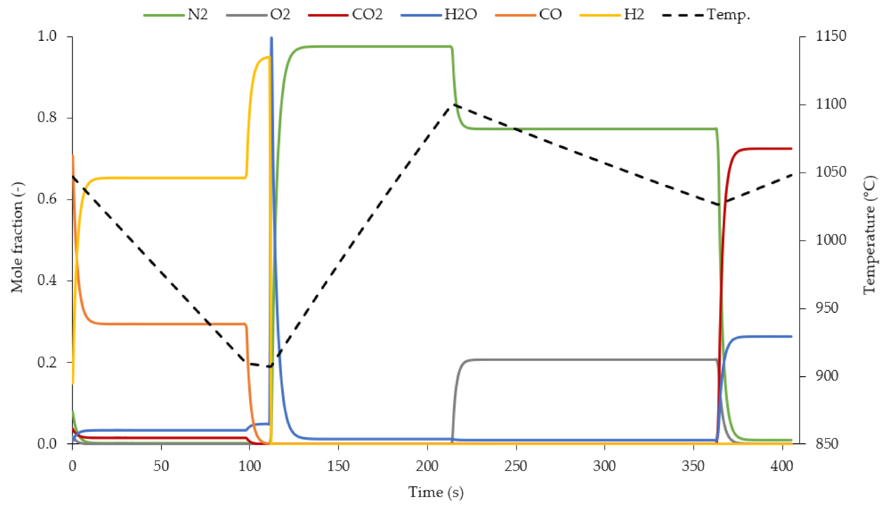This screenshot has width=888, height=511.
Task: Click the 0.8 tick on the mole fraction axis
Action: tap(47, 118)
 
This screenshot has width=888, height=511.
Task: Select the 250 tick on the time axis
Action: tap(516, 466)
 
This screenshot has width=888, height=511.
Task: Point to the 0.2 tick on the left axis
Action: tap(47, 362)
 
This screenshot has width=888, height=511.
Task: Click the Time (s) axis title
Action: tap(435, 492)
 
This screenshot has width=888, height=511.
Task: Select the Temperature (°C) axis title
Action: tap(869, 234)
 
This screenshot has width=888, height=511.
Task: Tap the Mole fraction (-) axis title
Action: tap(17, 237)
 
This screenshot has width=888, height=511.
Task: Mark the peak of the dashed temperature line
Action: tap(453, 104)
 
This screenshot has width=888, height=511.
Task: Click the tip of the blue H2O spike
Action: tap(271, 38)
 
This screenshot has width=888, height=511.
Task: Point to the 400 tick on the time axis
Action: tap(782, 466)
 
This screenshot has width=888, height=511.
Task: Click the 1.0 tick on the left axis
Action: tap(47, 36)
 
